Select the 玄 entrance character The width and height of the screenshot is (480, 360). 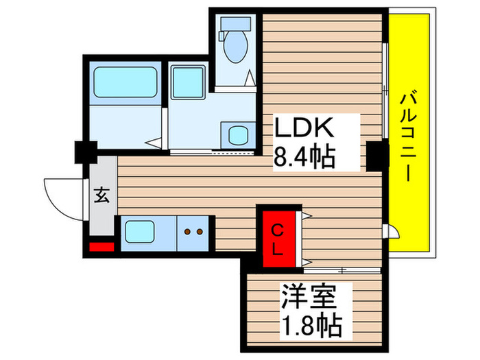[101, 195]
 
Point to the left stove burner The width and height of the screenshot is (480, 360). [188, 232]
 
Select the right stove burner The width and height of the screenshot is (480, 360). [200, 232]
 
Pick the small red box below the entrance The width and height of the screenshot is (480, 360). [101, 247]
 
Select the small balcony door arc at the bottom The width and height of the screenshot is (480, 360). [389, 231]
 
